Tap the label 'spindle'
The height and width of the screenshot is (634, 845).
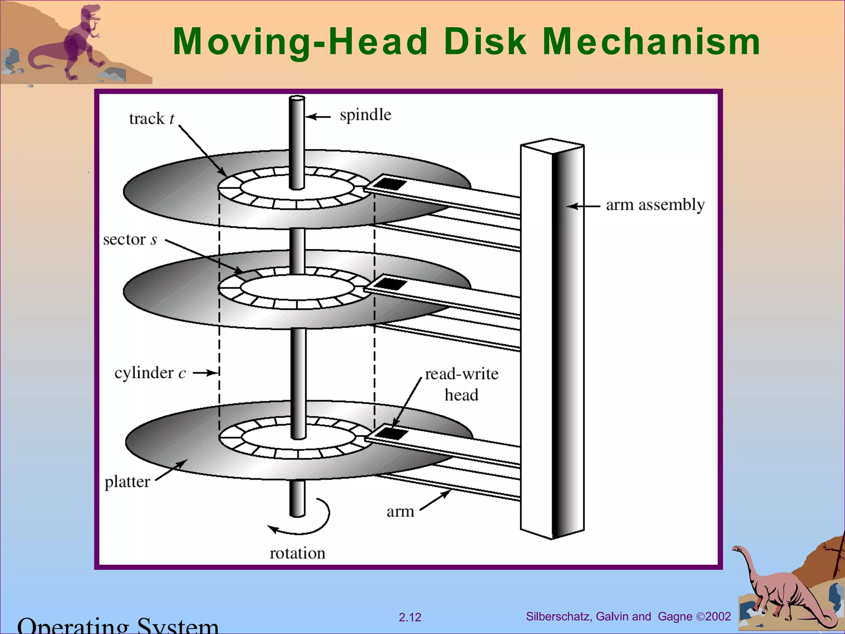click(x=365, y=115)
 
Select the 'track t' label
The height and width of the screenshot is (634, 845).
click(x=151, y=119)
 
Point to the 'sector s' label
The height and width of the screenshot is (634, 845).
click(x=130, y=239)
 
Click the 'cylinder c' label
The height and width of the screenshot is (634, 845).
click(x=150, y=373)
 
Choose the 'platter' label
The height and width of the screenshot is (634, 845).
click(x=127, y=482)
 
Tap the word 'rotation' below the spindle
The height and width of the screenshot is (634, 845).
click(x=297, y=553)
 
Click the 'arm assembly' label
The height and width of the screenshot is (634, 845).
click(x=655, y=205)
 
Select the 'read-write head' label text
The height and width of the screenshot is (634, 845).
click(x=461, y=384)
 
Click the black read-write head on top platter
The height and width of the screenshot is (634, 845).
click(x=389, y=183)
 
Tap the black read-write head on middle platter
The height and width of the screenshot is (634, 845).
click(x=390, y=284)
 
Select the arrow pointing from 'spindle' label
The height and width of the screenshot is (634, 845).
click(x=319, y=117)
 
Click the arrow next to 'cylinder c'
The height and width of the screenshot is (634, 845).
click(x=205, y=373)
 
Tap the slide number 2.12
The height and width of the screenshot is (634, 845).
click(x=410, y=617)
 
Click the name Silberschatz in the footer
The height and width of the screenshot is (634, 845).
click(x=559, y=616)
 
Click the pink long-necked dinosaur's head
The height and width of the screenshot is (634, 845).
click(x=737, y=549)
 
